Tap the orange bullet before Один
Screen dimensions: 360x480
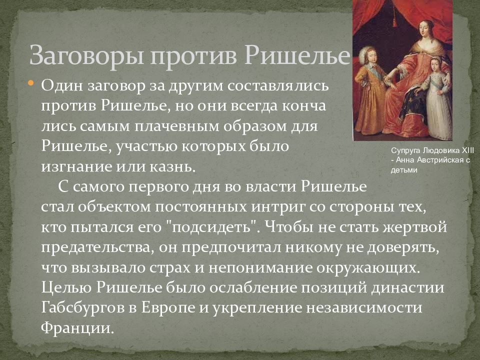click(31, 83)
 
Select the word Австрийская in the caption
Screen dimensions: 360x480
click(439, 160)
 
